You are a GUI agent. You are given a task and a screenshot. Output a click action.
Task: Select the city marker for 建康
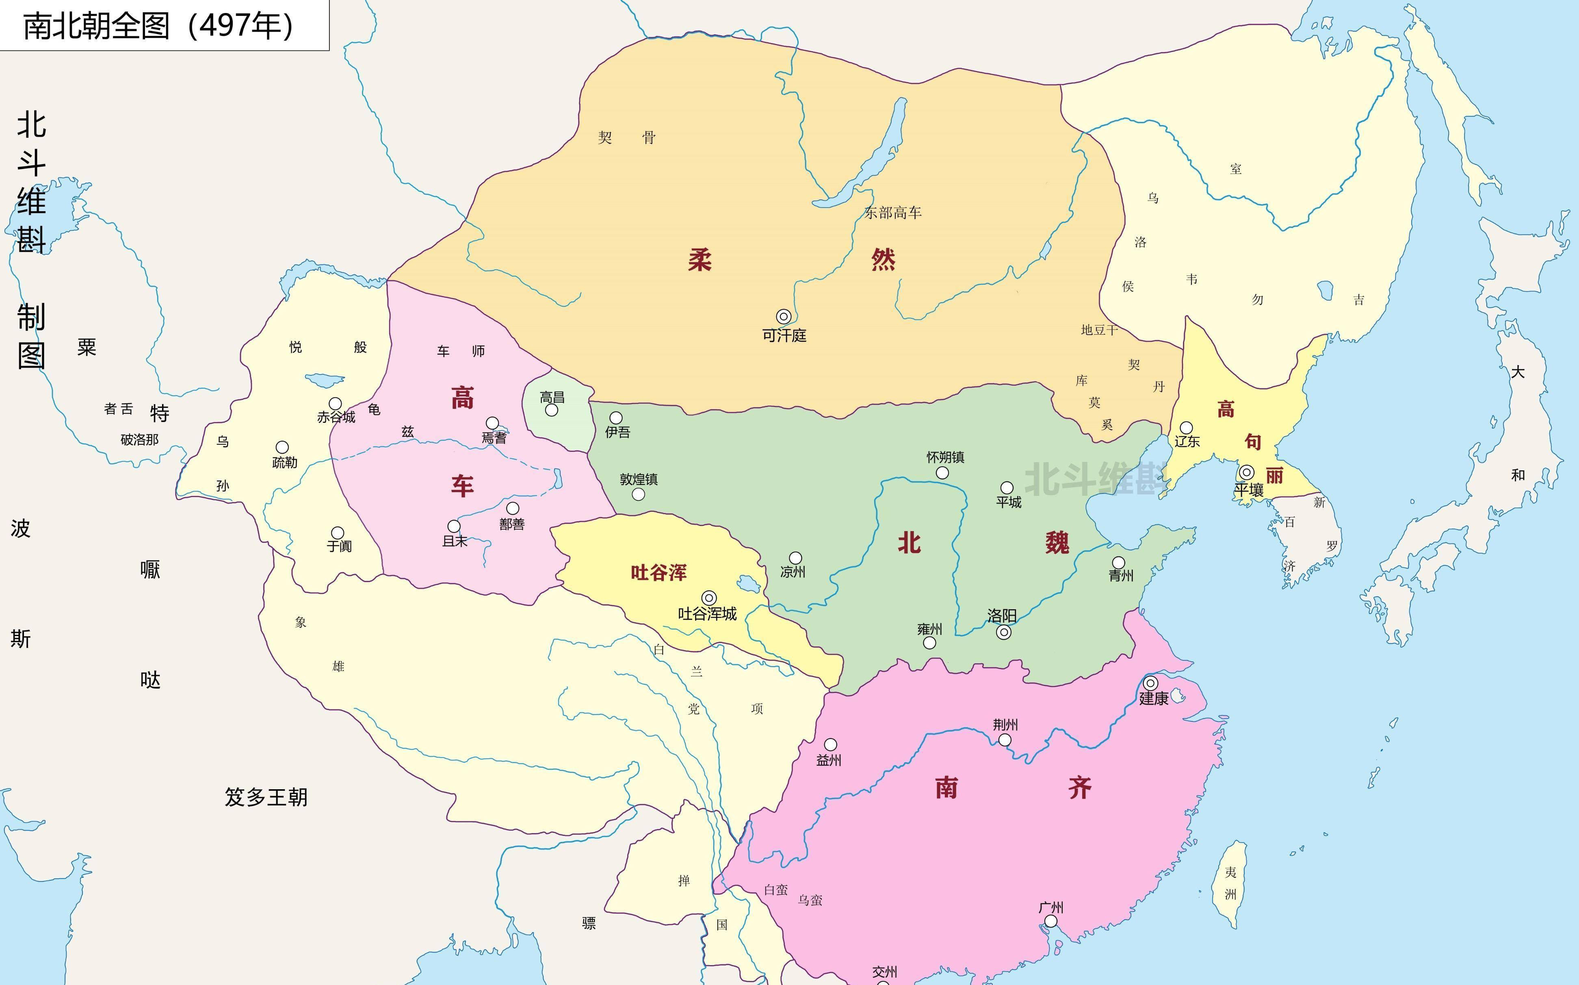click(1150, 683)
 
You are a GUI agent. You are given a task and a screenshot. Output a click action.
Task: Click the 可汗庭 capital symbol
click(784, 316)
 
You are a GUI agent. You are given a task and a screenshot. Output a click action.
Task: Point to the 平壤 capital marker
click(1246, 472)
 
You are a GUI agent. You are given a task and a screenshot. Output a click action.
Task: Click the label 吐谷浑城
click(707, 614)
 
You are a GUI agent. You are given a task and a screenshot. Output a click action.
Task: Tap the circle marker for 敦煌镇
click(638, 494)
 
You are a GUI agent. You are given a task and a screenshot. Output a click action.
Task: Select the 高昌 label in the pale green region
click(552, 397)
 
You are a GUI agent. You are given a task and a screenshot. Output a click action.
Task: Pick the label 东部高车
click(892, 212)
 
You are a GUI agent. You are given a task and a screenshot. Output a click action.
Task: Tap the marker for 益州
click(831, 745)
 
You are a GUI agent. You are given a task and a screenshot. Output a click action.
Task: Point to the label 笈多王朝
click(266, 797)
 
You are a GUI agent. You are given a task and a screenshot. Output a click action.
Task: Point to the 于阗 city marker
click(338, 533)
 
